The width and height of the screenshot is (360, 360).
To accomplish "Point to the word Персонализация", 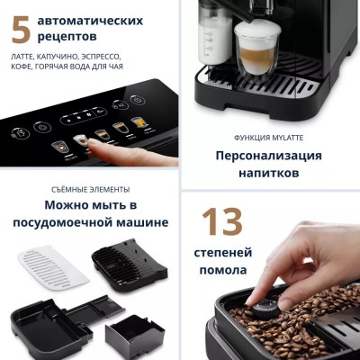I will click(x=269, y=155).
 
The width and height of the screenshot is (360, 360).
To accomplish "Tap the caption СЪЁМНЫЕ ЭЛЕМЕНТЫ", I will click(x=91, y=189).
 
